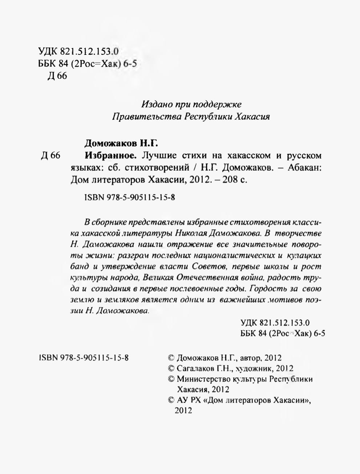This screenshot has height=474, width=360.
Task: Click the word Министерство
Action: [204, 379]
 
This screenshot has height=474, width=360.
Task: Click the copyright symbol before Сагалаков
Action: [172, 368]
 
